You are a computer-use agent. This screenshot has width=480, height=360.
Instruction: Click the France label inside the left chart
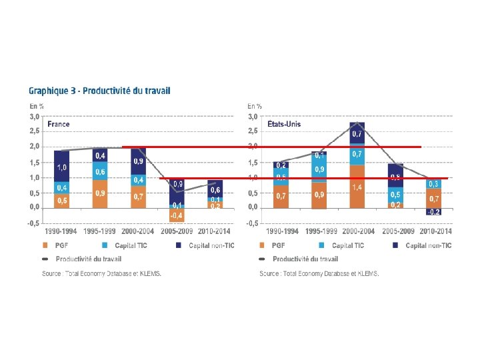(59, 125)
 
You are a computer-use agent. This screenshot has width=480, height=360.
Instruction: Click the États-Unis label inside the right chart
(284, 125)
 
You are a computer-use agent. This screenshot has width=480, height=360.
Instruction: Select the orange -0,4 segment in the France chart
(176, 215)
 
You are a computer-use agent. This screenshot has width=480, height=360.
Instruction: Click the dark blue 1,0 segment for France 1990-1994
(62, 167)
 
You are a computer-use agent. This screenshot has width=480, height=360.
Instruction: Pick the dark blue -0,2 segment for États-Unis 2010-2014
(434, 211)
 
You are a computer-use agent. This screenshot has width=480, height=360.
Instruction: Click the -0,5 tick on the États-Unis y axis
(252, 223)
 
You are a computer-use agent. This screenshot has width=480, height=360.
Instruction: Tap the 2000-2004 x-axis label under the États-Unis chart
(357, 231)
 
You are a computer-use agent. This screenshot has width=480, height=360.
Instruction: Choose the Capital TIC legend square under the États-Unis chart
(327, 245)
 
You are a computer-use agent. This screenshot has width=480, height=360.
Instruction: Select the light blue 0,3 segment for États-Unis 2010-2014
(434, 183)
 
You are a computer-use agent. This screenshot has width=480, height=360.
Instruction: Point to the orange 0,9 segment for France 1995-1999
(101, 193)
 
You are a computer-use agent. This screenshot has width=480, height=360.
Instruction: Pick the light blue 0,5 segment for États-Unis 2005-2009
(395, 195)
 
